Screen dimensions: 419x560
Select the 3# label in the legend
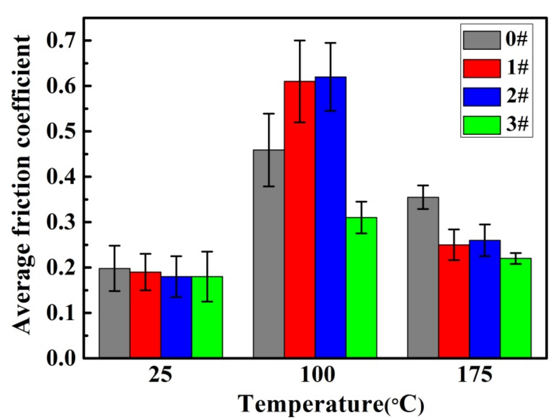coord(517,124)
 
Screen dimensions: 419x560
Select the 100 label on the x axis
coord(317,376)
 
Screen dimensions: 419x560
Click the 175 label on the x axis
coord(474,376)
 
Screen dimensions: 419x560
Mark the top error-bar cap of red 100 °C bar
coord(300,40)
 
